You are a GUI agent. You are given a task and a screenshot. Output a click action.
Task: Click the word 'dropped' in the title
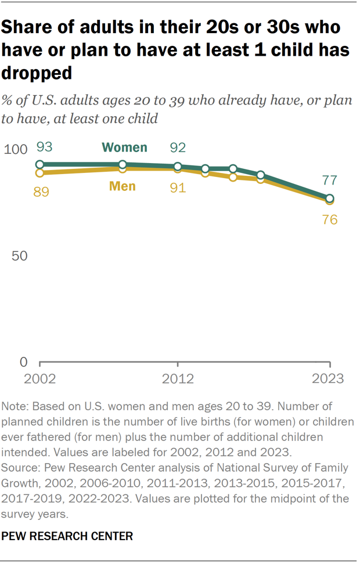click(x=37, y=73)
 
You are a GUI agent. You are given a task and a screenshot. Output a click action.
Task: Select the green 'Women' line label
click(x=125, y=147)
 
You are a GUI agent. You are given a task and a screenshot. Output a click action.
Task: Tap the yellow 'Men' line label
click(x=122, y=186)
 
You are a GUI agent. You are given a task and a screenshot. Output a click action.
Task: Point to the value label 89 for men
click(x=41, y=191)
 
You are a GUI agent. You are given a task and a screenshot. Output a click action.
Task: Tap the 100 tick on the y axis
click(x=16, y=150)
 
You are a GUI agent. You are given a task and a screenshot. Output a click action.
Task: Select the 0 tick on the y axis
click(x=24, y=362)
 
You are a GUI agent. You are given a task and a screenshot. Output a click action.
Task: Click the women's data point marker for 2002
click(x=40, y=165)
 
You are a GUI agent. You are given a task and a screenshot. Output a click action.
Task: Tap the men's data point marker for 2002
click(x=40, y=173)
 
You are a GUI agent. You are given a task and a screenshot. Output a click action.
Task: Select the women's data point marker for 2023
click(x=330, y=198)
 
